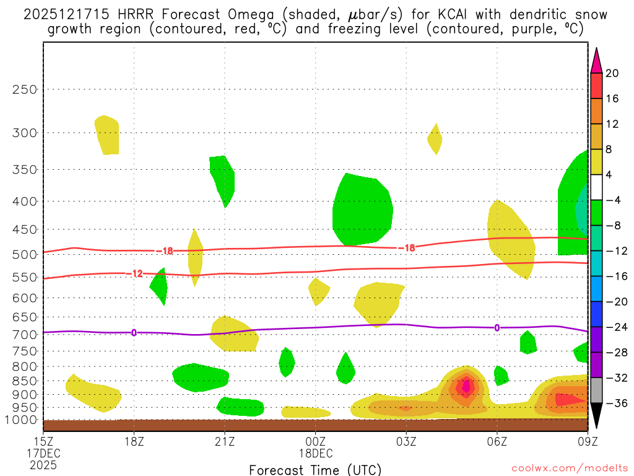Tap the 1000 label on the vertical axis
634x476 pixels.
(22, 420)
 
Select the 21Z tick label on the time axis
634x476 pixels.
(225, 441)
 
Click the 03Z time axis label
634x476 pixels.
(406, 441)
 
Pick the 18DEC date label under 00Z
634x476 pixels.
(315, 453)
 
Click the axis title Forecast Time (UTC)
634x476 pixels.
(315, 469)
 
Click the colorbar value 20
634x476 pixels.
(613, 73)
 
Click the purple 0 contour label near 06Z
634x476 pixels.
(497, 327)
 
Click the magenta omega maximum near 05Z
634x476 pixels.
(466, 386)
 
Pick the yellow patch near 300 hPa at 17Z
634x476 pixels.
(107, 135)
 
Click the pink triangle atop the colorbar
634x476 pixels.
(597, 61)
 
